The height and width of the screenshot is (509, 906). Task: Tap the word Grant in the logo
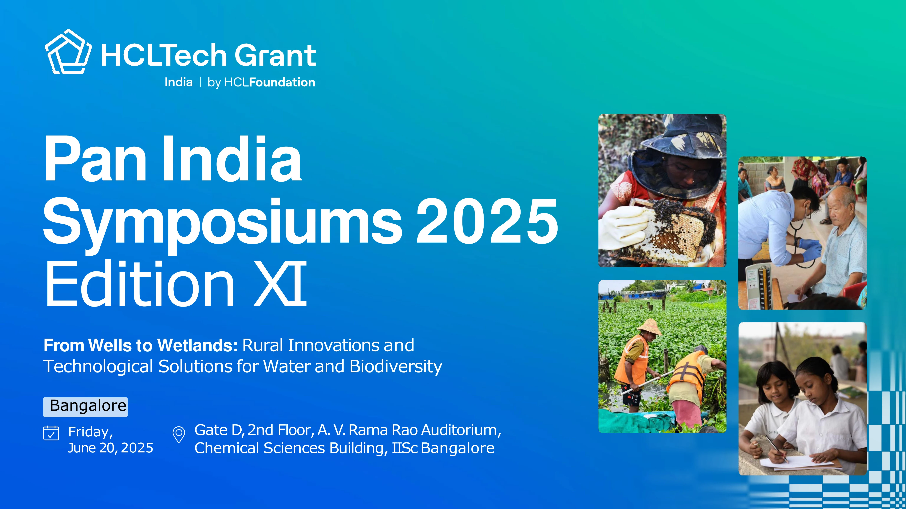pos(275,55)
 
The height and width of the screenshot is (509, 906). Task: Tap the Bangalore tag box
pos(86,407)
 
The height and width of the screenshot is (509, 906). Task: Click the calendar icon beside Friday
pos(51,433)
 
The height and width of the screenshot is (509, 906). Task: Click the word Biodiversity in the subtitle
pos(396,367)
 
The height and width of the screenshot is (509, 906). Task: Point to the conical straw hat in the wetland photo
pos(649,327)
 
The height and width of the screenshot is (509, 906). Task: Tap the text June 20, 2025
pos(110,448)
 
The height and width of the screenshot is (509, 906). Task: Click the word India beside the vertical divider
pos(179,82)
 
